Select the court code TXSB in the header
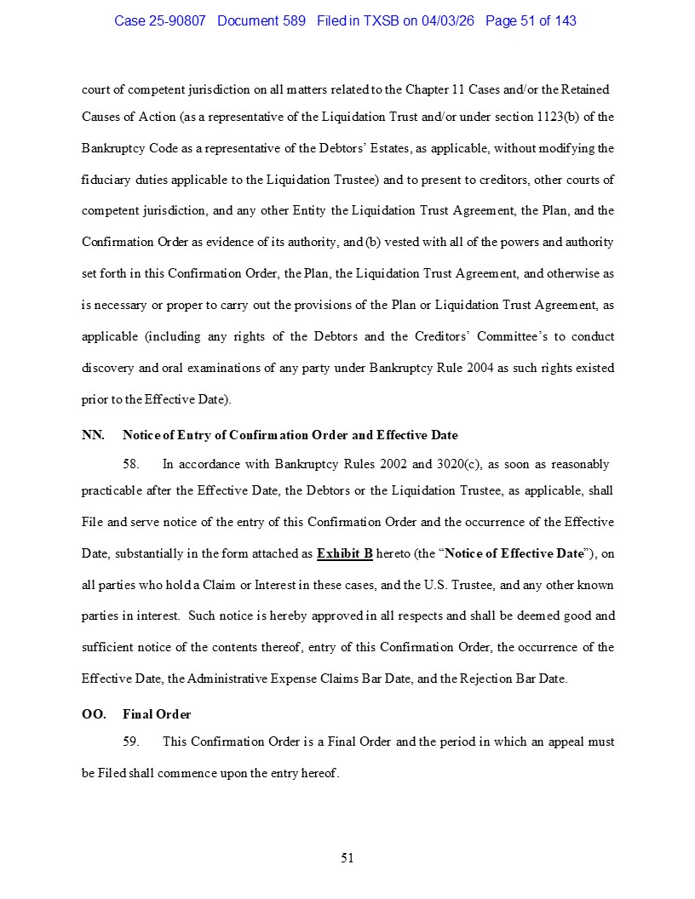382,20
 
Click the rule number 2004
482,368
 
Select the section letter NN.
93,435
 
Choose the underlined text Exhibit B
345,553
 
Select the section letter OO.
94,714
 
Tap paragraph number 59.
131,742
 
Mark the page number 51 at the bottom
347,858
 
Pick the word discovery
106,368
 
